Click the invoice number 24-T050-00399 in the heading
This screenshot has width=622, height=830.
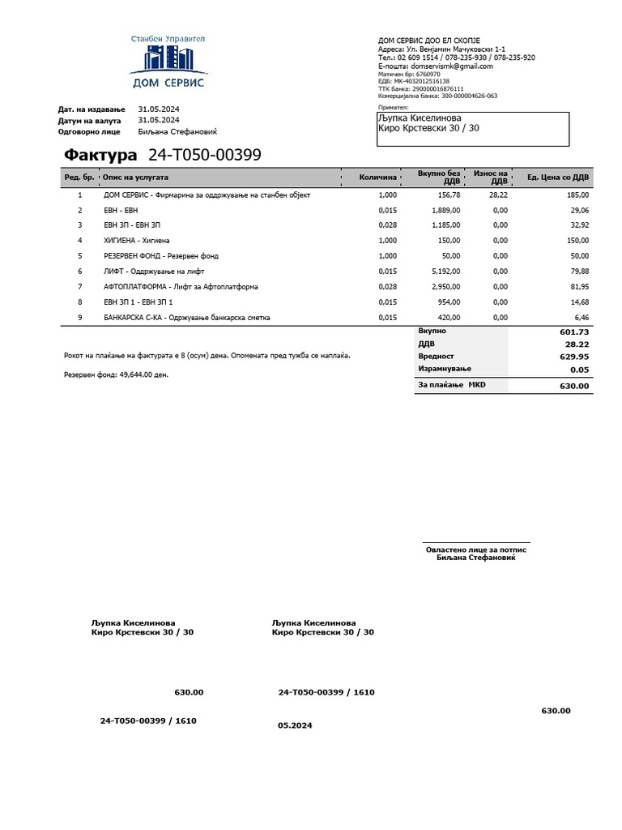205,155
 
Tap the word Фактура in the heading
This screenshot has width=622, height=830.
100,155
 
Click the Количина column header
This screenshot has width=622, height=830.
378,177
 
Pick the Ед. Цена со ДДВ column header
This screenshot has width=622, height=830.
558,177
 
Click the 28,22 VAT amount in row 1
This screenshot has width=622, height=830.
498,195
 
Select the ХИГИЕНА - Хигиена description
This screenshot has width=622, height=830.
137,241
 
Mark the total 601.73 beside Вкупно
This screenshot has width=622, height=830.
574,332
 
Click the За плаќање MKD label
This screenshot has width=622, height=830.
451,385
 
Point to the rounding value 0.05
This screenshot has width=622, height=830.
579,370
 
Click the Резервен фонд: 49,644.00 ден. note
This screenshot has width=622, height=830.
116,374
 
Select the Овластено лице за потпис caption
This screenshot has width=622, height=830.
476,550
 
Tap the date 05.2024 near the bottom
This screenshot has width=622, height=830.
295,725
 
